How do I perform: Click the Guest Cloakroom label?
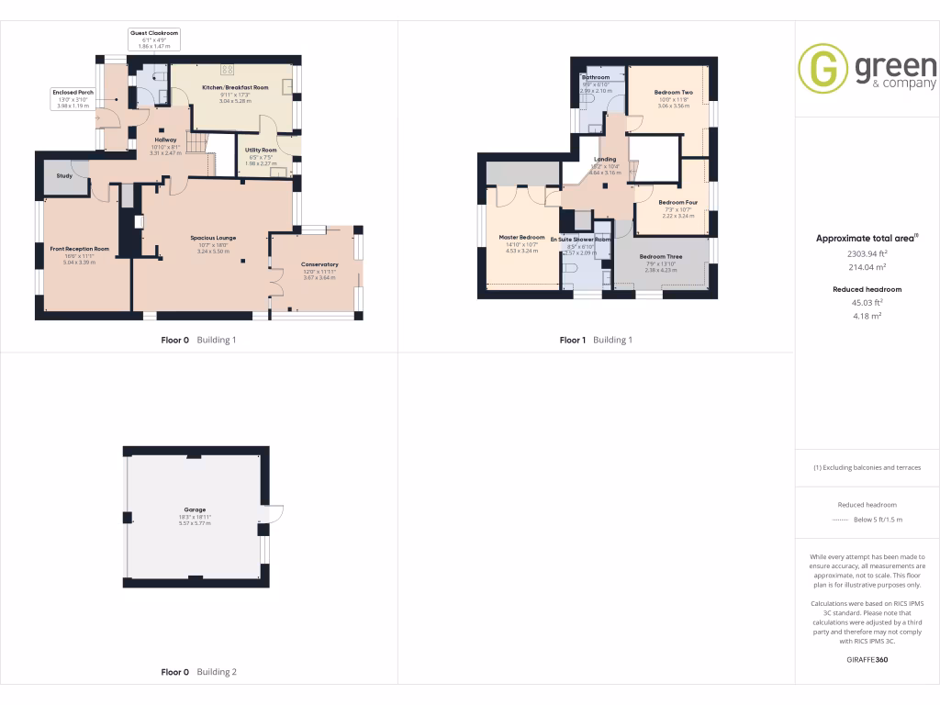click(154, 32)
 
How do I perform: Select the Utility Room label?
click(261, 150)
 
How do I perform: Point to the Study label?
click(64, 175)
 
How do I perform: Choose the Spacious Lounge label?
click(213, 238)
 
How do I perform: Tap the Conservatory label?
click(319, 264)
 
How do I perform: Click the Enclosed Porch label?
click(73, 92)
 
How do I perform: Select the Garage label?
click(195, 509)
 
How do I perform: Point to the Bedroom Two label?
click(673, 93)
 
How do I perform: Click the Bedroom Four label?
click(677, 202)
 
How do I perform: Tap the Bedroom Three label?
click(661, 256)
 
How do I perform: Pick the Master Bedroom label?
click(521, 238)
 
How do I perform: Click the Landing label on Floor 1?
click(605, 159)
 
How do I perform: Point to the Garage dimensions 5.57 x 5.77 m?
click(195, 523)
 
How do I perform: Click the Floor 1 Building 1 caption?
click(596, 340)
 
